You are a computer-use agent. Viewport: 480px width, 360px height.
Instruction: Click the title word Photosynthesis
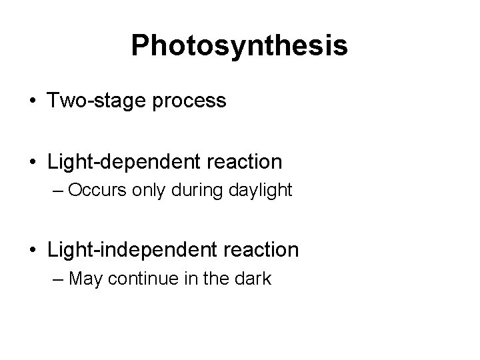(239, 45)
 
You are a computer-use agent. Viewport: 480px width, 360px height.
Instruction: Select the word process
(195, 101)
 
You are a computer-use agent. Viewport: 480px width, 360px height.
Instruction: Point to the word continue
(139, 279)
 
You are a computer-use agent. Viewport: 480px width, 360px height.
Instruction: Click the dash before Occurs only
(55, 191)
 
